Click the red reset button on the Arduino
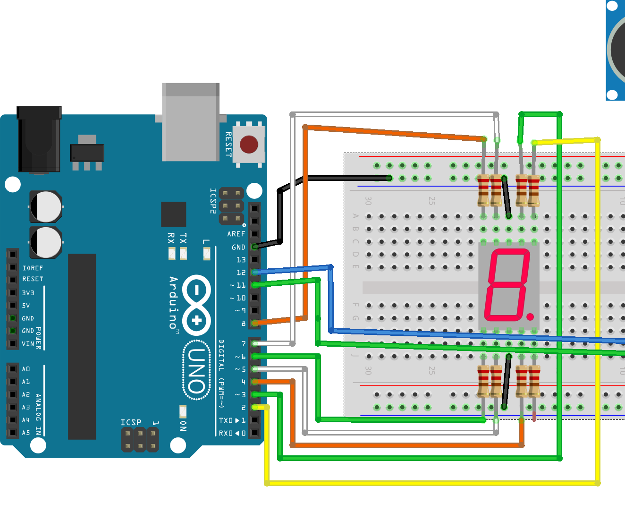(x=249, y=145)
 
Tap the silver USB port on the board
(x=191, y=122)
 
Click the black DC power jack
(x=39, y=139)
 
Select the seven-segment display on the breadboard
(x=509, y=286)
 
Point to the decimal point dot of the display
(x=530, y=316)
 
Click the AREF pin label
(x=236, y=234)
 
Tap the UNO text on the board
(x=196, y=371)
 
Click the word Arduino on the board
(x=173, y=303)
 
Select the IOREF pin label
(x=33, y=268)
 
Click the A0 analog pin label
(x=26, y=369)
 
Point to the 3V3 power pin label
(x=28, y=293)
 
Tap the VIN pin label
(x=28, y=344)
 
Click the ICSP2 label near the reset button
(x=213, y=201)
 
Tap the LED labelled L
(x=207, y=254)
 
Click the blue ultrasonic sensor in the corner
(x=616, y=50)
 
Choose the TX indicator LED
(x=183, y=254)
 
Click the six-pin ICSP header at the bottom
(x=140, y=440)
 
